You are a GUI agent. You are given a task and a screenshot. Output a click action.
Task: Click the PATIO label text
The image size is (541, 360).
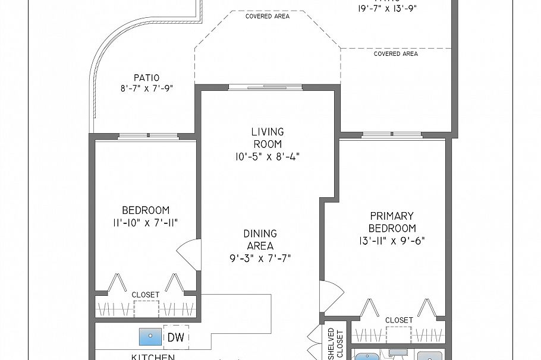point(146,77)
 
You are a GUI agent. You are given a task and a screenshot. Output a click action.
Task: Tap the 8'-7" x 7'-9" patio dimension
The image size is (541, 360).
point(146,89)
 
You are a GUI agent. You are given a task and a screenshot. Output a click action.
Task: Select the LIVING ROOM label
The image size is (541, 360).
point(267,138)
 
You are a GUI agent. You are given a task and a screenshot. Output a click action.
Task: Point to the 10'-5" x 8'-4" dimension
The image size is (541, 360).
point(267,157)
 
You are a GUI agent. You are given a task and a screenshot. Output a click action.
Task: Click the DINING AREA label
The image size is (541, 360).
point(260,240)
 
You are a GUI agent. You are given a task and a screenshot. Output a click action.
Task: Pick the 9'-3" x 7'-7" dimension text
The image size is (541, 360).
point(260,258)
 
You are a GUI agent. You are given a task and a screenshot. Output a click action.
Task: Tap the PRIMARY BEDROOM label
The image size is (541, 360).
point(391,222)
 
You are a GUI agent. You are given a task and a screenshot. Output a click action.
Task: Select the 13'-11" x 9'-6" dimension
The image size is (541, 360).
point(391,241)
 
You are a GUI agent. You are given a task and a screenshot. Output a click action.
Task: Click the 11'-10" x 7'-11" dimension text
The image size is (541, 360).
point(146,223)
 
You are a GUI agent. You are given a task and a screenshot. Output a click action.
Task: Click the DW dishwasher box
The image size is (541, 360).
point(175,337)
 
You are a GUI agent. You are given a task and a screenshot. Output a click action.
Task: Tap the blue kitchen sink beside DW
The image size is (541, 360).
point(150,336)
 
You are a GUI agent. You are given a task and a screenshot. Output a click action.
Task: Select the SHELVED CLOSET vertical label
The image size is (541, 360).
point(335,344)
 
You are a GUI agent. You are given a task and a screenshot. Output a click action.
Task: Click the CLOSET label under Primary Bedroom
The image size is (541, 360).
point(399,320)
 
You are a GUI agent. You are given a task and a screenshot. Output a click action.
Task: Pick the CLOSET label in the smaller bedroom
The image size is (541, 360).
point(146,294)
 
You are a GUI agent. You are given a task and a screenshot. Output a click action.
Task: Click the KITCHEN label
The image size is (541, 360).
point(153,356)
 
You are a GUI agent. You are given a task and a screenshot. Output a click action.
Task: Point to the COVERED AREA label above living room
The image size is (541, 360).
point(267,16)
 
